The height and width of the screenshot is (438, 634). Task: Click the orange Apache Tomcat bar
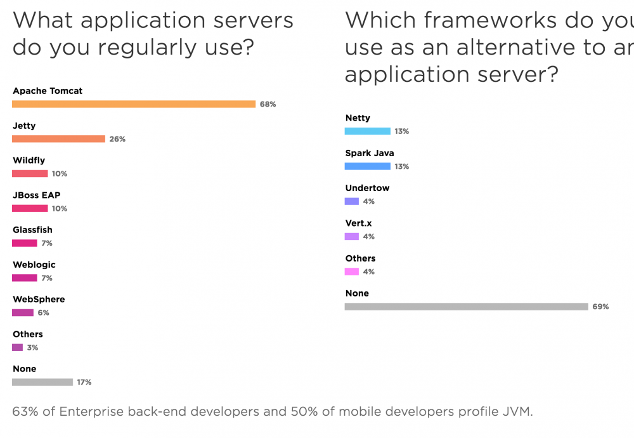click(x=134, y=104)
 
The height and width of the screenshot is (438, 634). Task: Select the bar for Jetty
click(x=58, y=139)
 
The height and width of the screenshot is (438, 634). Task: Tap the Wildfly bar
click(x=30, y=173)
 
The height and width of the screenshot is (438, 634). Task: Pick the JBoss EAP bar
click(x=30, y=208)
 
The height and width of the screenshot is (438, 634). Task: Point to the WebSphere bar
click(x=23, y=312)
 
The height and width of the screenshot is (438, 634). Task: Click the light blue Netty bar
click(x=368, y=131)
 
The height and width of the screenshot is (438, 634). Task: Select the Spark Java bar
click(x=368, y=166)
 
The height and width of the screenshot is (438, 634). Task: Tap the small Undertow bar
click(x=352, y=201)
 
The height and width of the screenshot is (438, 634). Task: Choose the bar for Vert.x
click(x=352, y=236)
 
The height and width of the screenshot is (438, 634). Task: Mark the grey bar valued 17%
click(x=42, y=382)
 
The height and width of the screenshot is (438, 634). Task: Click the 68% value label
click(x=268, y=104)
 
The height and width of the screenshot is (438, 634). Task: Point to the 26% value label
click(x=117, y=139)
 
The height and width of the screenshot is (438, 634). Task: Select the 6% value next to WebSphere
click(x=43, y=313)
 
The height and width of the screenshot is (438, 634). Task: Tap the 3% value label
click(x=32, y=348)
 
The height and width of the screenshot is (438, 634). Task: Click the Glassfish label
click(x=32, y=230)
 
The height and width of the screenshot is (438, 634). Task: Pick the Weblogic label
click(x=34, y=265)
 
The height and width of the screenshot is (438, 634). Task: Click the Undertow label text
click(x=367, y=188)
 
